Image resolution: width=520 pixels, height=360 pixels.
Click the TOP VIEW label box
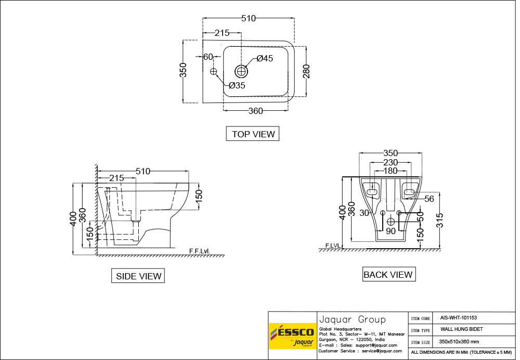[253, 134]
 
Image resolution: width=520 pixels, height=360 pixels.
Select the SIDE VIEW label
[138, 276]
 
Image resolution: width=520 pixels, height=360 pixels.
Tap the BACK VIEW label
[388, 274]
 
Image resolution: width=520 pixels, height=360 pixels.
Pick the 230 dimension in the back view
[391, 162]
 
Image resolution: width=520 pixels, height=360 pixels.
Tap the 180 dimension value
[391, 171]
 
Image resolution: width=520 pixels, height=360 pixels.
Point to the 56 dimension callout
[429, 199]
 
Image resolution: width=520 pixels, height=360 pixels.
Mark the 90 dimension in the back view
[391, 230]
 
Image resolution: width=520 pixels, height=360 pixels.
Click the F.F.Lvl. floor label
[200, 251]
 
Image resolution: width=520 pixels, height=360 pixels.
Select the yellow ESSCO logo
[292, 336]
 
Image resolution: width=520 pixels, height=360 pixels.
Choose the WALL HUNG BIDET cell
[462, 329]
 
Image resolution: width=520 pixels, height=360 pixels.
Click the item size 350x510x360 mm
[459, 341]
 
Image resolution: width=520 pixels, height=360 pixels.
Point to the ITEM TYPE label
[421, 330]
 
